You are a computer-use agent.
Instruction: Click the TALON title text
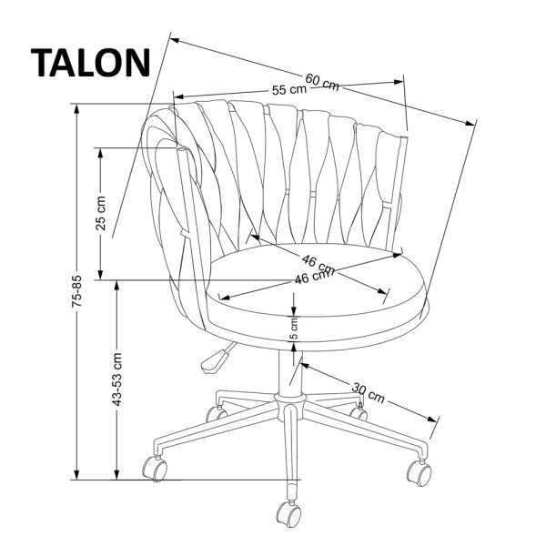[91, 62]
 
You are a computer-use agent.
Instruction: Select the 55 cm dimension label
[289, 90]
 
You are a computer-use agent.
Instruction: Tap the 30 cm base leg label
[369, 393]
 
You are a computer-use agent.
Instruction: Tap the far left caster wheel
[156, 469]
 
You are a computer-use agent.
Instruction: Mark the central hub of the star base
[289, 401]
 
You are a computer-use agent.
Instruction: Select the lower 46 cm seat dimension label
[311, 278]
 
